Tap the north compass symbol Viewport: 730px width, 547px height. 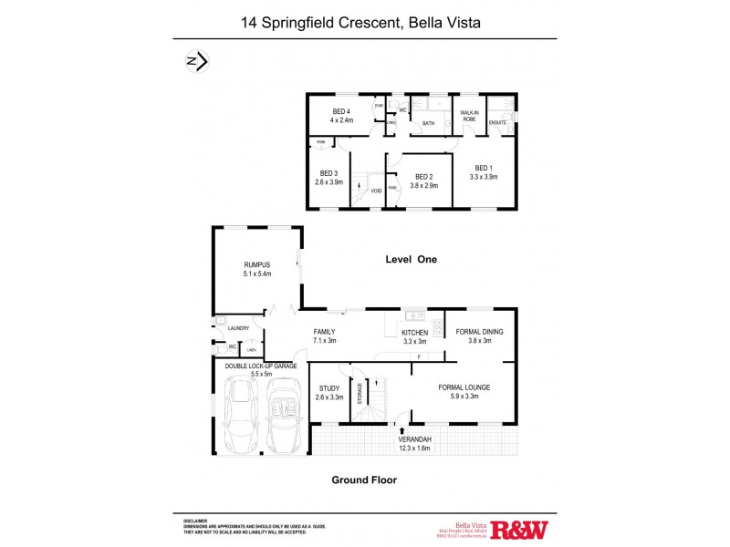click(x=196, y=61)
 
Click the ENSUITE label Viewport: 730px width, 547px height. click(x=498, y=121)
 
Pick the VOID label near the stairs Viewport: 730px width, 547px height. click(x=376, y=191)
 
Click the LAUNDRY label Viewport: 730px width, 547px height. click(x=239, y=328)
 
